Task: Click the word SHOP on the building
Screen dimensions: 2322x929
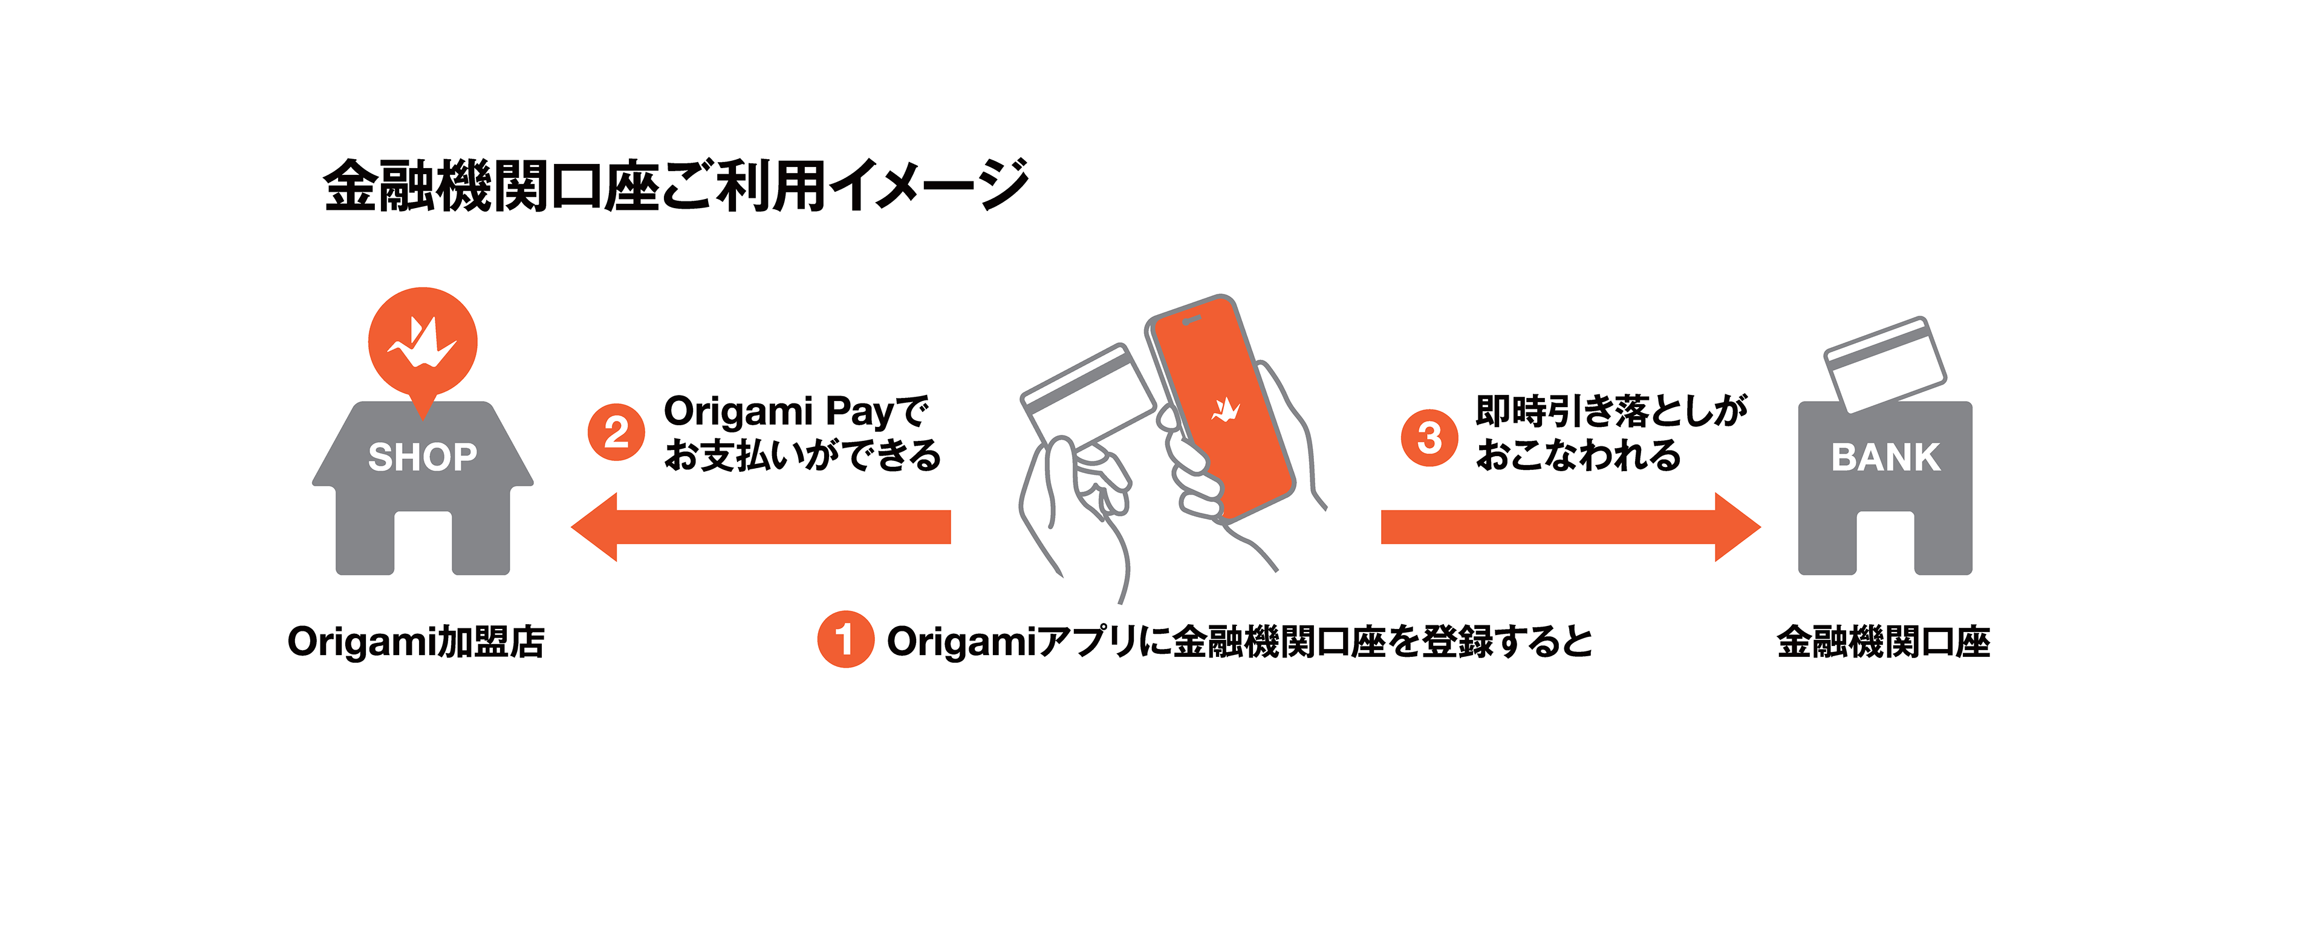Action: [x=422, y=457]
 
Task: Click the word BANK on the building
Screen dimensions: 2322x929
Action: [x=1885, y=457]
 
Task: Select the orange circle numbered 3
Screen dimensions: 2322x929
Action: [x=1429, y=438]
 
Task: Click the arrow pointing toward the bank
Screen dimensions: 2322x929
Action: [x=1569, y=527]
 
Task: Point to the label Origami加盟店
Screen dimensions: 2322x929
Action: [x=415, y=642]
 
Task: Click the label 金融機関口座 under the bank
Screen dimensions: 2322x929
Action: [x=1883, y=642]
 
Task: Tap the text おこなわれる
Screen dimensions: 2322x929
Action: [x=1578, y=455]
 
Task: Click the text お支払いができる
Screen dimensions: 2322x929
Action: [x=801, y=455]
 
